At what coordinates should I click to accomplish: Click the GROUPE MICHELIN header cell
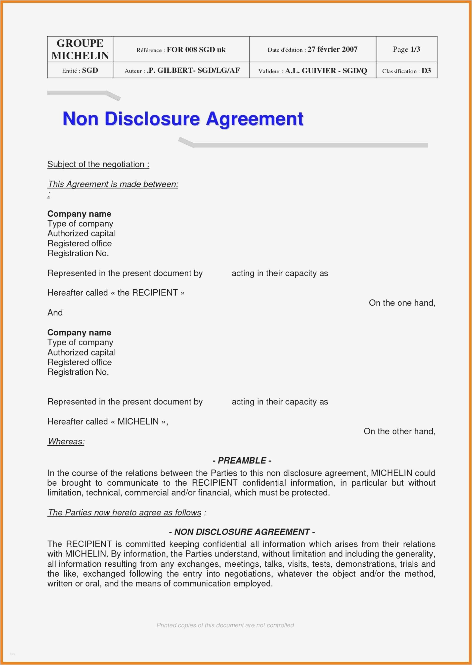click(80, 49)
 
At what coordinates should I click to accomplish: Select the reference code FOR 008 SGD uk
click(196, 50)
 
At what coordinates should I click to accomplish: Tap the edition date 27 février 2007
click(332, 49)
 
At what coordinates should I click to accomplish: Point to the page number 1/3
click(415, 49)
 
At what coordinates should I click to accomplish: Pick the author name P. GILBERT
click(170, 70)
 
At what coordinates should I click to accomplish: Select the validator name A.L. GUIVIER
click(310, 71)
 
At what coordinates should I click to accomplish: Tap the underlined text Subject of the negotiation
click(98, 164)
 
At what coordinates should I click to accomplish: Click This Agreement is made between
click(113, 184)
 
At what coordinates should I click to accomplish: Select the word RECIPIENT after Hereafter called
click(155, 292)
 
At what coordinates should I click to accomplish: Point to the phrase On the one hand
click(402, 303)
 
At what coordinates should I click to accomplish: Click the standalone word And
click(55, 313)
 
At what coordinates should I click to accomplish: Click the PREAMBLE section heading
click(242, 461)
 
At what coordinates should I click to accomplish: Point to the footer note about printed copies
click(225, 625)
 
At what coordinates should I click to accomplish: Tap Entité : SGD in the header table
click(80, 70)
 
